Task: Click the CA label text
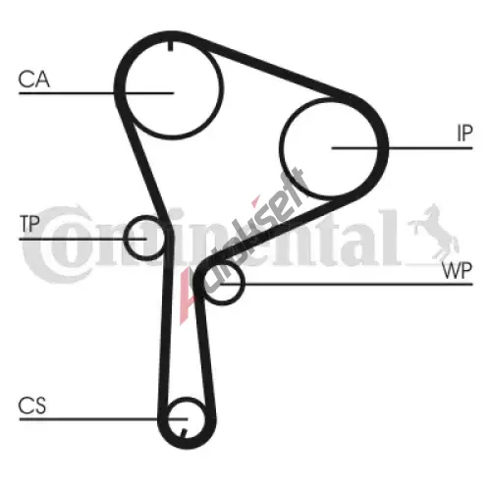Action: pos(34,80)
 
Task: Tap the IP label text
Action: pos(464,134)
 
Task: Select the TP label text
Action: pos(29,224)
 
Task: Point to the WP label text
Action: pos(457,270)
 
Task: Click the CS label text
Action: pos(32,406)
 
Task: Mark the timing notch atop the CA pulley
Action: pos(170,46)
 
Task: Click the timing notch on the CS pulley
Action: pos(184,433)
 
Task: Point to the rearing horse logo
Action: pos(434,233)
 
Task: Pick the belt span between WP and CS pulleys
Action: pos(205,354)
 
